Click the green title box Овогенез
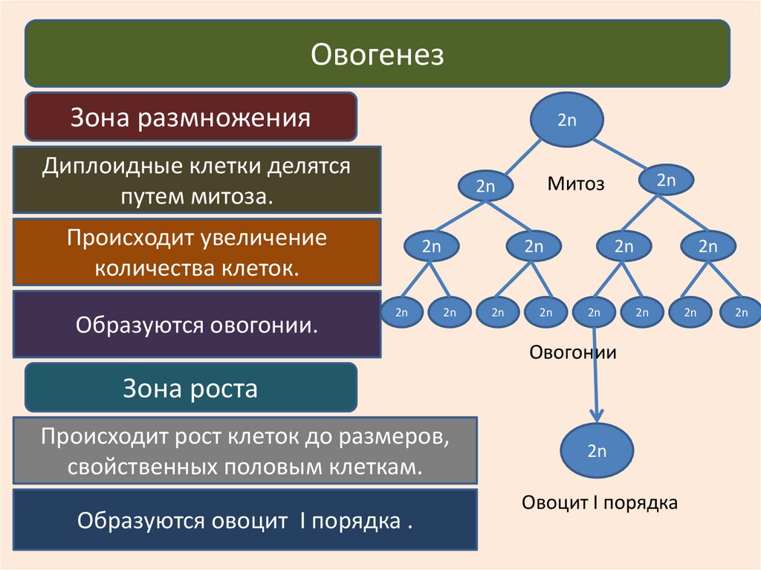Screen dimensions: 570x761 (377, 54)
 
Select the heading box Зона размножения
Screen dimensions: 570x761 (191, 117)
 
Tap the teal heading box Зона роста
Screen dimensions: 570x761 (191, 387)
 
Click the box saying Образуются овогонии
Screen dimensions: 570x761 (197, 324)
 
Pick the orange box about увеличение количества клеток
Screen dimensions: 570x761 (197, 252)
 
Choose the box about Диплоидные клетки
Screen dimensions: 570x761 (197, 180)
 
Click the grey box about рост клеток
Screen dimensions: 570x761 (245, 450)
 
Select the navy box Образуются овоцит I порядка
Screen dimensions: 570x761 (245, 519)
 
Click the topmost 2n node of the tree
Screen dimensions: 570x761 (566, 119)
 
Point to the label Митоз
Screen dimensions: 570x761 (576, 184)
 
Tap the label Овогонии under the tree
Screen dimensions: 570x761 (573, 352)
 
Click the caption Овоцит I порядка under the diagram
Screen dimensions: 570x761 (599, 503)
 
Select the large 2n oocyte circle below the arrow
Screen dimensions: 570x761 (598, 450)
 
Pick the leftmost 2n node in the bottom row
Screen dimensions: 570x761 (401, 312)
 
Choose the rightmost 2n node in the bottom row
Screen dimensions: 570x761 (741, 312)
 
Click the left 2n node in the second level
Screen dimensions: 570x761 (485, 187)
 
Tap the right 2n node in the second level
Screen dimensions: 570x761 (666, 180)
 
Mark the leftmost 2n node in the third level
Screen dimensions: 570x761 (432, 247)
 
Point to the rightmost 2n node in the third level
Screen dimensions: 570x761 (707, 247)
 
